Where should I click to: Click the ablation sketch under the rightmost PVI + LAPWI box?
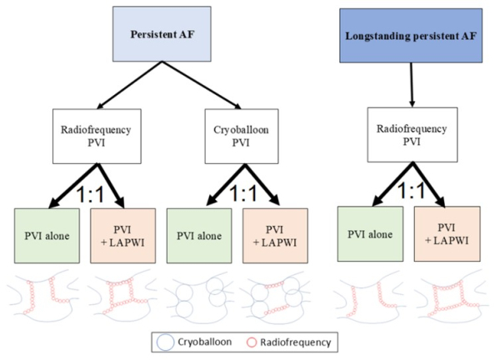tap(442, 297)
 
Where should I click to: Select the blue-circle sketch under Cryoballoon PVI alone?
tap(197, 298)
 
